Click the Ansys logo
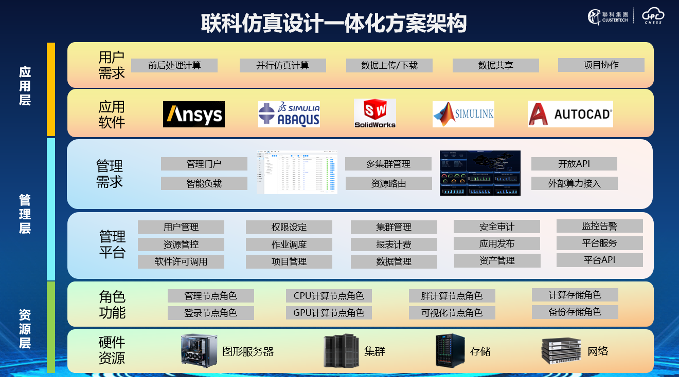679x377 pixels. (194, 114)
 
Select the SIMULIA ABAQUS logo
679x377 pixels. (289, 114)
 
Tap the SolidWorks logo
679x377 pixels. (375, 114)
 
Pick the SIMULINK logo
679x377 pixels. (463, 114)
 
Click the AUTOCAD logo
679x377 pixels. (570, 114)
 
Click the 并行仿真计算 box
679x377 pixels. (283, 66)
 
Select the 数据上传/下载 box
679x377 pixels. (389, 66)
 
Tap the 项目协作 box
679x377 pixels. (601, 65)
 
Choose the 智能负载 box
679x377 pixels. (204, 183)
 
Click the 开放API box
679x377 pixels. (574, 164)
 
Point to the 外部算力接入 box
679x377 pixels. (574, 183)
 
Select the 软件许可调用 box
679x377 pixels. (181, 261)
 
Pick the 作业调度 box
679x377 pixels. (289, 244)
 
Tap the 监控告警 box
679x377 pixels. (600, 226)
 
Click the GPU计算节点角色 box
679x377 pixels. (329, 313)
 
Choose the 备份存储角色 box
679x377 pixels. (575, 312)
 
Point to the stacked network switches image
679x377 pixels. (561, 351)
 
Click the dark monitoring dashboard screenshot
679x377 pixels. (480, 173)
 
